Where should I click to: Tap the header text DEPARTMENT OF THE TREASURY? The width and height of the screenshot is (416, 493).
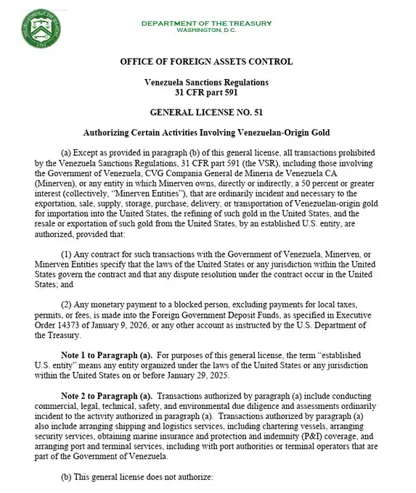tap(206, 24)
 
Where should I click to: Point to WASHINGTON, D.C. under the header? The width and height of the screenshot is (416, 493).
tap(206, 31)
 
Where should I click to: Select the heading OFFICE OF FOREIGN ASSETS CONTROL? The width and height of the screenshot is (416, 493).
tap(206, 62)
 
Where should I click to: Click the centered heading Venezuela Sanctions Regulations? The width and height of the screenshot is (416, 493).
tap(206, 83)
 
